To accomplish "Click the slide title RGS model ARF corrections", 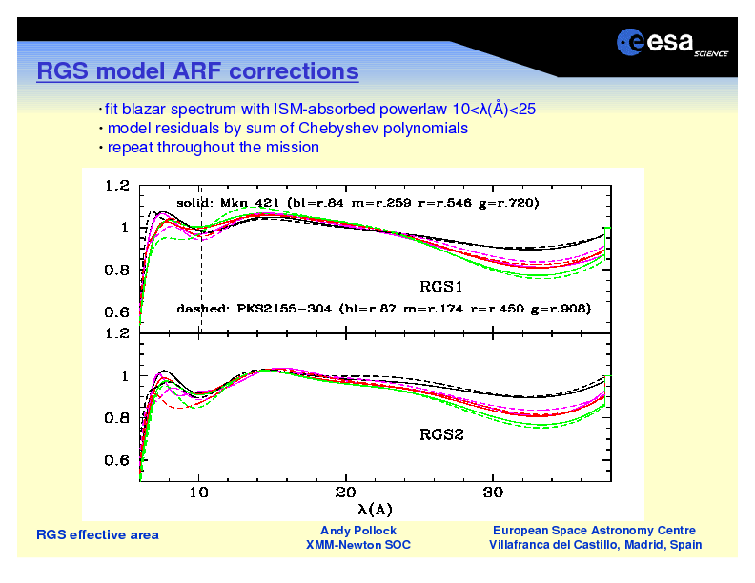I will click(197, 71).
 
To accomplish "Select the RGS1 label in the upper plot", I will click(441, 286).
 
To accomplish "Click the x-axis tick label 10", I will click(198, 493).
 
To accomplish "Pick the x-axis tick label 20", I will click(345, 493).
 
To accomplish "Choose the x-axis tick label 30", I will click(492, 493).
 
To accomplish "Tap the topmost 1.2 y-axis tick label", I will click(117, 186).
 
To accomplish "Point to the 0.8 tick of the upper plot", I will click(117, 270).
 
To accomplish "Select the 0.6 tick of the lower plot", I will click(117, 460).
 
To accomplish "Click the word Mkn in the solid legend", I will click(234, 203).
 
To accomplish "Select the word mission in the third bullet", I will click(294, 147).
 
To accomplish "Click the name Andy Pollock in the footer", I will click(358, 530).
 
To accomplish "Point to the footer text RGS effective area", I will click(97, 535).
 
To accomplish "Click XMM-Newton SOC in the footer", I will click(358, 545).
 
